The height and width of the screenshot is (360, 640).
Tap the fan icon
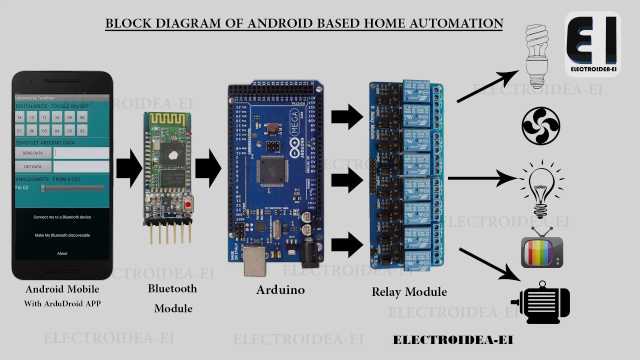click(x=540, y=126)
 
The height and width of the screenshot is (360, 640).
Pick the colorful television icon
click(x=542, y=249)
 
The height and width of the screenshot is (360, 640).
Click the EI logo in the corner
click(x=592, y=44)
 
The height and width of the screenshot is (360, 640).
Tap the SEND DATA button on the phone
click(x=32, y=153)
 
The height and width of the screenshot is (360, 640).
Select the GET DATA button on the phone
click(x=32, y=166)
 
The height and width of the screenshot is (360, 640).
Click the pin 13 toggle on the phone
click(x=19, y=117)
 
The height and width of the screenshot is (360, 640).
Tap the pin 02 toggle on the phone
click(x=82, y=131)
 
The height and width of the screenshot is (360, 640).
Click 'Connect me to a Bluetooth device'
click(x=62, y=217)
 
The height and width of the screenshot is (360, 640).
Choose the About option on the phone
click(x=62, y=253)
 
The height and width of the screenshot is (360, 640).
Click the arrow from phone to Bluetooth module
click(x=129, y=168)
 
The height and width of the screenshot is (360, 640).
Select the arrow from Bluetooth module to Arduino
click(x=208, y=168)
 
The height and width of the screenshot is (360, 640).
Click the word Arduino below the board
click(x=280, y=290)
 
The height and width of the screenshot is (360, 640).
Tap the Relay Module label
click(x=409, y=291)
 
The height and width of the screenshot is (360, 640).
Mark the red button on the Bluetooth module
click(x=188, y=204)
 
